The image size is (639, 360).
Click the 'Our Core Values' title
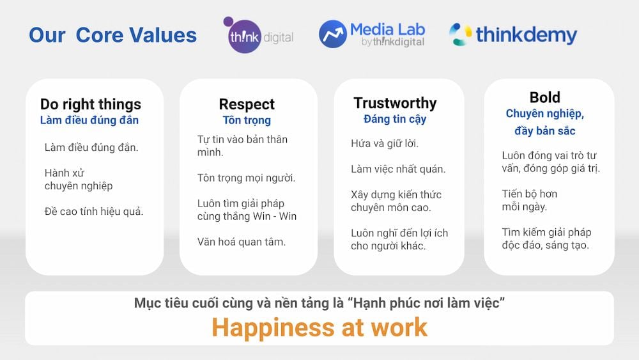113,35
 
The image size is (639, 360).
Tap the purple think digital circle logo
244,36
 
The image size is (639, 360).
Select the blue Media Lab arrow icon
332,34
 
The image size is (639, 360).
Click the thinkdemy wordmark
527,35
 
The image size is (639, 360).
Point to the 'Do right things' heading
91,104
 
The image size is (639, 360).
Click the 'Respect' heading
247,104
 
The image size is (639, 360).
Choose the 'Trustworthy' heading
395,103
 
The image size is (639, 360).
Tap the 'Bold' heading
545,97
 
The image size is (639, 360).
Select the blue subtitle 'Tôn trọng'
247,120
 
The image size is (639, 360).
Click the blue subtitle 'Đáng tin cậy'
395,119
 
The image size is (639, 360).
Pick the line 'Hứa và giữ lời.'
385,143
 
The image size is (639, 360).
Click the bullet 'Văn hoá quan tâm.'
242,242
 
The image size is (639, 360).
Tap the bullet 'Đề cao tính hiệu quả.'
94,212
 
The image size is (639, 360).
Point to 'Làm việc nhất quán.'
398,169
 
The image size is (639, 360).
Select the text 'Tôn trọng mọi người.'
246,178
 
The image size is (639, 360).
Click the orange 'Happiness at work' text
319,328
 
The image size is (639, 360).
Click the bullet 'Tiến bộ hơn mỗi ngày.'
529,200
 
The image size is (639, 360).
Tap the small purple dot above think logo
228,21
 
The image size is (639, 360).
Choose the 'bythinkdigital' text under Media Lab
393,42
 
